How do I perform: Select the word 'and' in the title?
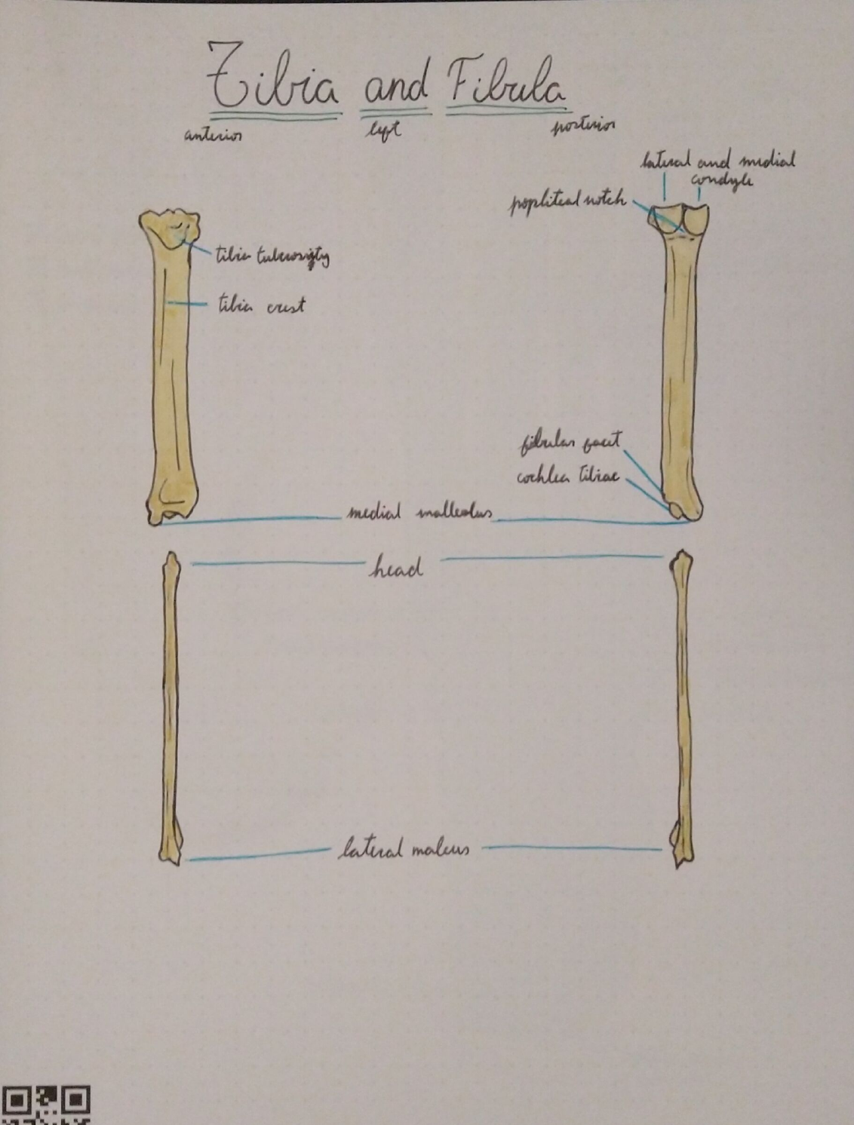tap(396, 87)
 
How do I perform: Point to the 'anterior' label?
tap(212, 136)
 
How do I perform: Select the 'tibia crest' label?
tap(261, 305)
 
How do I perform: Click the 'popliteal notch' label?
tap(568, 202)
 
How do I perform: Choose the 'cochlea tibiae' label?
tap(567, 477)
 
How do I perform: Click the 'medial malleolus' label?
tap(419, 514)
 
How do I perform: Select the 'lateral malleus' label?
tap(404, 850)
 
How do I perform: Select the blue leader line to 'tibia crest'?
tap(189, 304)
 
